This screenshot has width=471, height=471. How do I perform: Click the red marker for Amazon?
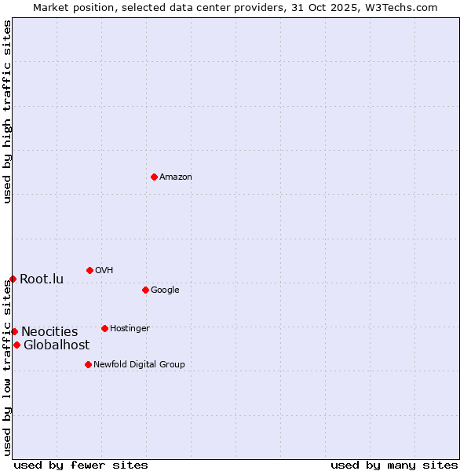[154, 177]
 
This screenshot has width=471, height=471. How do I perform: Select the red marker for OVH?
[89, 270]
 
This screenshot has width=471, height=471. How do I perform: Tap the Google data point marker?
[145, 290]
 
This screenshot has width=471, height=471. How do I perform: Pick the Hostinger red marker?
[104, 328]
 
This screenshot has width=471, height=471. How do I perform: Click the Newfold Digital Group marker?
[88, 364]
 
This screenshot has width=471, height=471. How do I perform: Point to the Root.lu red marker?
[13, 279]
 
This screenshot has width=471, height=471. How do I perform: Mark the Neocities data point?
[14, 331]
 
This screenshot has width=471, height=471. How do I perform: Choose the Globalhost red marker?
[16, 345]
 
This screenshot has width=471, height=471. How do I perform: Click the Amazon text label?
[176, 177]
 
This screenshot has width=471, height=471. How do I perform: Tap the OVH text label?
[104, 271]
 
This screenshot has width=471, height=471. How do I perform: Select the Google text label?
[165, 290]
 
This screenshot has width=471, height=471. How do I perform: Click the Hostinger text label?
[130, 329]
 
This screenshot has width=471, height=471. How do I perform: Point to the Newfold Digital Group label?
[139, 365]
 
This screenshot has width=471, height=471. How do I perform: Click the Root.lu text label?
[42, 279]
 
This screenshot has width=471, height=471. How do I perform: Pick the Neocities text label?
[49, 332]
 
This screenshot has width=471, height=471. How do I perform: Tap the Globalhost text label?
[57, 345]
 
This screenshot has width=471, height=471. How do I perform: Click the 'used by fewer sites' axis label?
[81, 465]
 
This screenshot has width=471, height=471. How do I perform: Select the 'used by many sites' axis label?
[394, 465]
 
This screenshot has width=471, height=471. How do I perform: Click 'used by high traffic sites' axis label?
[7, 112]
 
